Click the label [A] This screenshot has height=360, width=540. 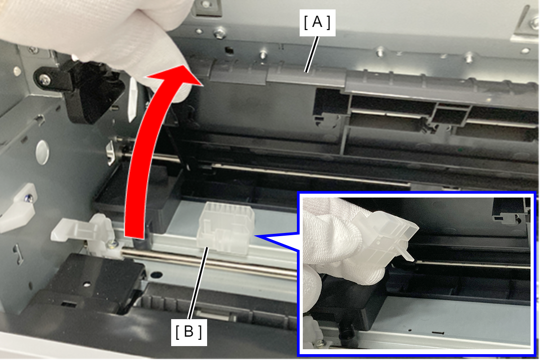point(317,22)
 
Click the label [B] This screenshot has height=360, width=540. point(189,332)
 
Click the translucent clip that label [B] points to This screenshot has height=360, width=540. point(226,228)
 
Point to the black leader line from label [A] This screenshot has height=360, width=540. point(312,54)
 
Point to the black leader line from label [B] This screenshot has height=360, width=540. point(198,283)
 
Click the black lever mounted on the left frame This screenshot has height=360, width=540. point(82,89)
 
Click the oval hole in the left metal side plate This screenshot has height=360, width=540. point(42,153)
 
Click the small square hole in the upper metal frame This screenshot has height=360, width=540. point(229,51)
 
